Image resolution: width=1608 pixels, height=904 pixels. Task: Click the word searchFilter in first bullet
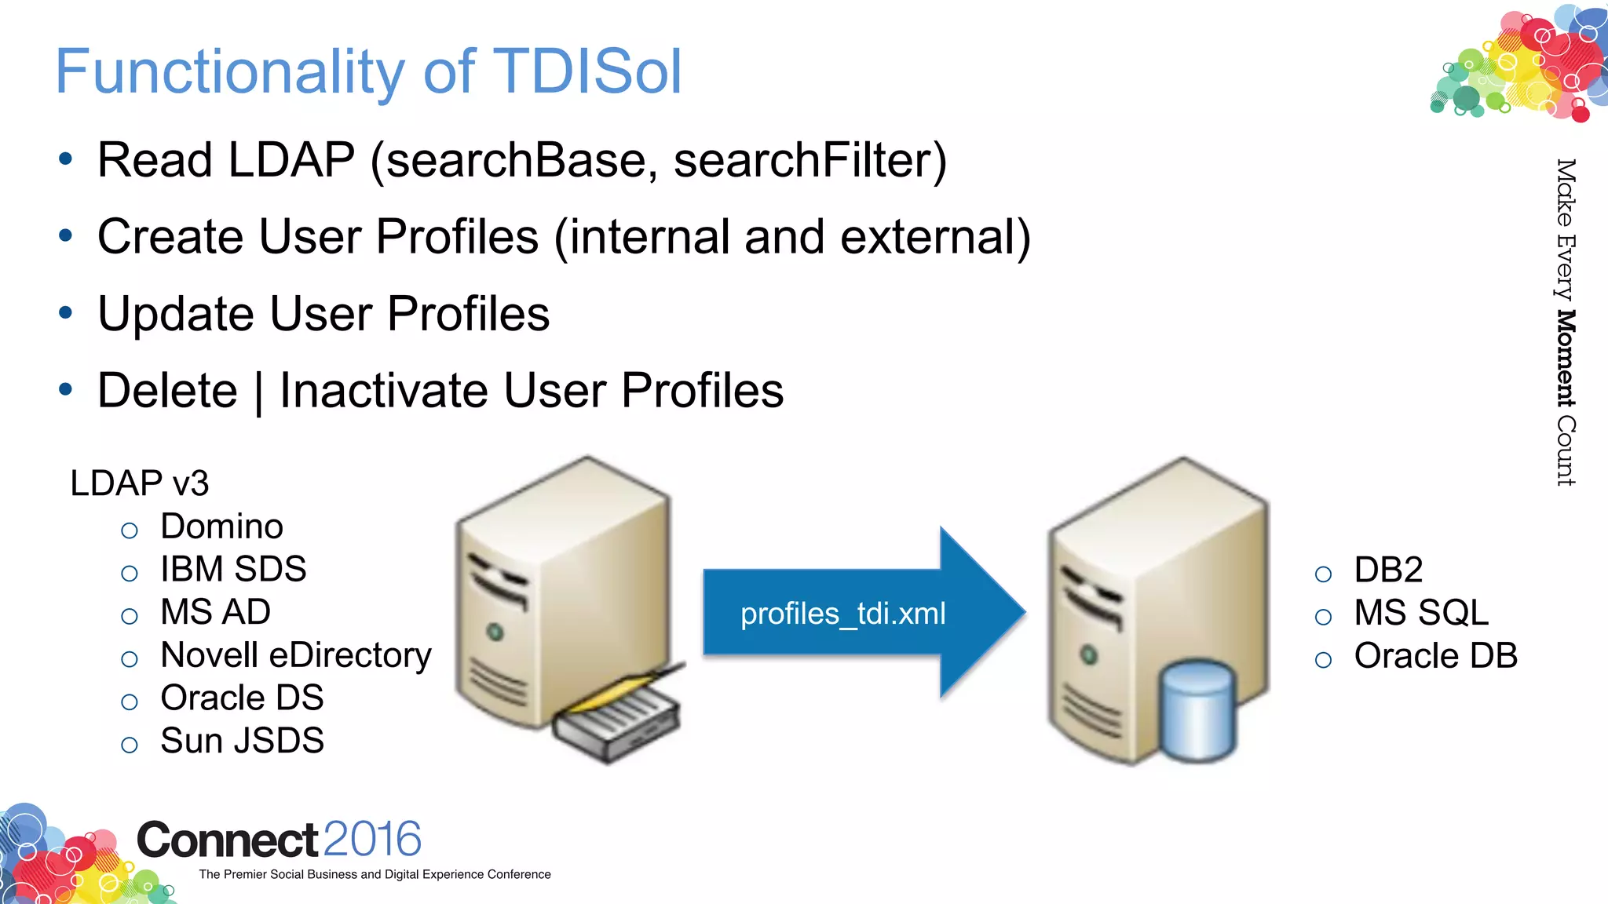809,160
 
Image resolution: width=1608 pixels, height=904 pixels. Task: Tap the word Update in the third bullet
176,314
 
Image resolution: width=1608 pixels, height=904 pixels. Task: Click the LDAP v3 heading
140,483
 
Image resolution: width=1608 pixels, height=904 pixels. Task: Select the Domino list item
221,527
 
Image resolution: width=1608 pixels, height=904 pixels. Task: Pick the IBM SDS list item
233,569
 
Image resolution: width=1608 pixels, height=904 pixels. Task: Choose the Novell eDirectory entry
295,655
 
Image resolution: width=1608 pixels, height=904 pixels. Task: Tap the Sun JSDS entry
242,741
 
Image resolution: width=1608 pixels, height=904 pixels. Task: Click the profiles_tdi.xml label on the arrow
842,614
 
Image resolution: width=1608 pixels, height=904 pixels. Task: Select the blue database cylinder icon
1197,710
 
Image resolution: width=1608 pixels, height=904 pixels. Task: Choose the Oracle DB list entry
1435,656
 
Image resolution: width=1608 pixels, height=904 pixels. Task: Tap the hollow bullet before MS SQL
1323,618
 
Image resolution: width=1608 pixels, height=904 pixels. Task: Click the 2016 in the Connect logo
372,840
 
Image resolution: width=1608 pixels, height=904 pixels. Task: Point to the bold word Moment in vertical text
1566,359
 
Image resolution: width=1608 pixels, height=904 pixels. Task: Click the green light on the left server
495,632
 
